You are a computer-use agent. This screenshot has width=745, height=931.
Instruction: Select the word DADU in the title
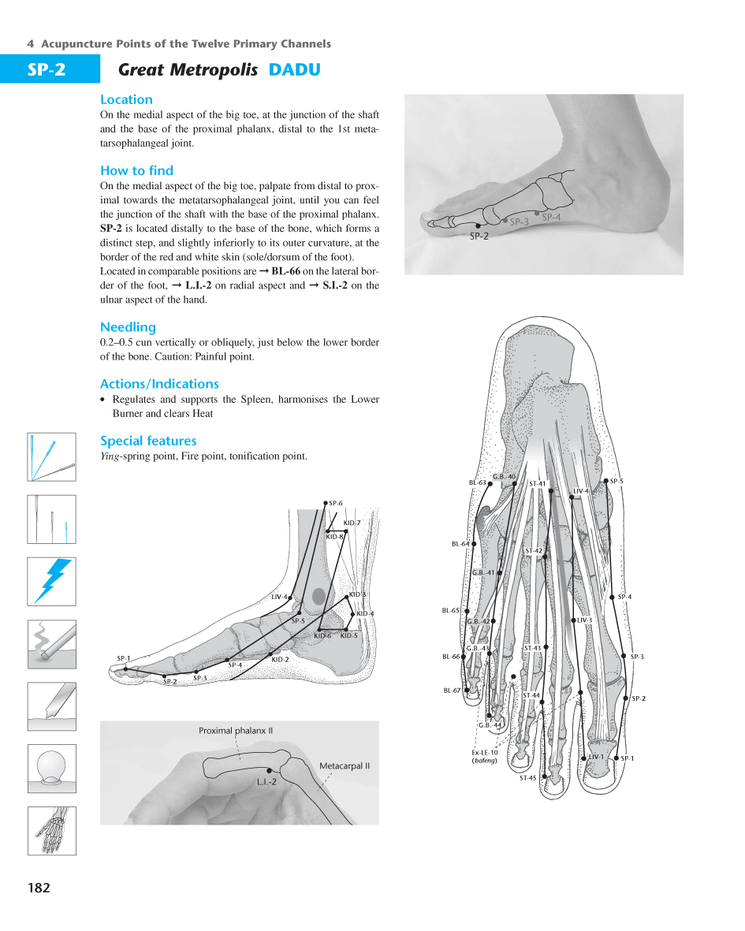(x=294, y=70)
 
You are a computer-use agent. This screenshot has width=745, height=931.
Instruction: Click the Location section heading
(x=126, y=100)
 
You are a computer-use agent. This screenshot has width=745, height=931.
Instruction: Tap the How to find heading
(x=136, y=171)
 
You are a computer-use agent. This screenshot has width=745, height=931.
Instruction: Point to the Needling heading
(x=128, y=327)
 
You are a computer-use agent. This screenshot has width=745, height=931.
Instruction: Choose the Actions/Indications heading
(x=159, y=384)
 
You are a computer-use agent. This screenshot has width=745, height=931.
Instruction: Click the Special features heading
(x=148, y=441)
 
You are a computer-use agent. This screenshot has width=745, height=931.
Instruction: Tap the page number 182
(x=39, y=888)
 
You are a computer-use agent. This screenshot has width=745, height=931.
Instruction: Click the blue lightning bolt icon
(x=52, y=581)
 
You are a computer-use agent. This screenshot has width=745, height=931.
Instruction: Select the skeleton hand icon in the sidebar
(x=52, y=830)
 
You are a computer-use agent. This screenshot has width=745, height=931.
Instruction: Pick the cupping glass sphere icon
(x=52, y=768)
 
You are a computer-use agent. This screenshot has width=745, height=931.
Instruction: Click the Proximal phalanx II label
(x=236, y=731)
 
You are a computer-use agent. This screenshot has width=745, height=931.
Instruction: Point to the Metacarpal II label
(x=345, y=765)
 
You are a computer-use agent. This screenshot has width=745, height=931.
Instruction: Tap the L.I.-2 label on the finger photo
(x=266, y=782)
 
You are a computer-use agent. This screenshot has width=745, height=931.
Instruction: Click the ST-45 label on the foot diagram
(x=527, y=778)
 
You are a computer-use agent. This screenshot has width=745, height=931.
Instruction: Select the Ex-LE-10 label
(x=485, y=753)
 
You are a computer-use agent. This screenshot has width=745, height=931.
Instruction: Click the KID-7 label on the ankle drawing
(x=352, y=523)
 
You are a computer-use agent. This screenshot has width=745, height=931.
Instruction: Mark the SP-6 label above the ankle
(x=336, y=503)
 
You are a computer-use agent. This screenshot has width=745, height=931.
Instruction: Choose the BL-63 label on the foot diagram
(x=477, y=482)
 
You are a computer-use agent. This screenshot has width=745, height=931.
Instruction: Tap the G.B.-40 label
(x=504, y=477)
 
